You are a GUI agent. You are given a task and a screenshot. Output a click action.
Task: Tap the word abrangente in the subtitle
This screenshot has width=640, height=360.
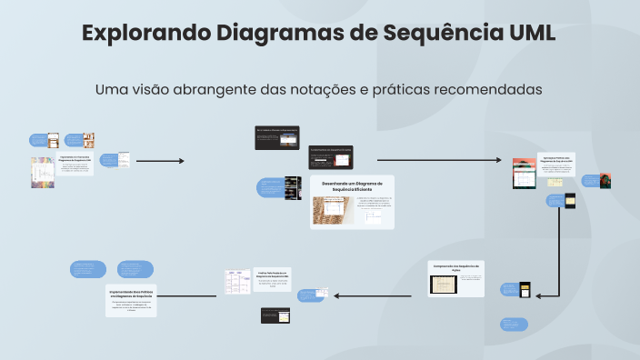(x=225, y=90)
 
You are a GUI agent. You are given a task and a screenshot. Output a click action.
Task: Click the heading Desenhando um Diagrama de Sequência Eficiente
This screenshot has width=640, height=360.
(x=353, y=185)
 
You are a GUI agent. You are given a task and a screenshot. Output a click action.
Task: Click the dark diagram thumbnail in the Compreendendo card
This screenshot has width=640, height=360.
(x=444, y=285)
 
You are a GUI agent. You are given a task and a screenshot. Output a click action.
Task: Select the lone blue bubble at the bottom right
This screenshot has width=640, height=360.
(x=514, y=325)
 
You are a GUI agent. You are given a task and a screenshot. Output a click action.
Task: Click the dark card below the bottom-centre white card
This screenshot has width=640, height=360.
(x=275, y=316)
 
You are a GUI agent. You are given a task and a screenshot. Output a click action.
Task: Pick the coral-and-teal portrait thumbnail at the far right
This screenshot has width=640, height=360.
(x=604, y=181)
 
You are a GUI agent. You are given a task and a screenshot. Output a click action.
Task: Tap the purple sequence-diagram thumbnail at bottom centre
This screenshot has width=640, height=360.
(x=238, y=281)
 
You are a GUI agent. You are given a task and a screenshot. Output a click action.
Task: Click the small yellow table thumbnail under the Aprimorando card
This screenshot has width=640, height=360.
(x=525, y=290)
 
